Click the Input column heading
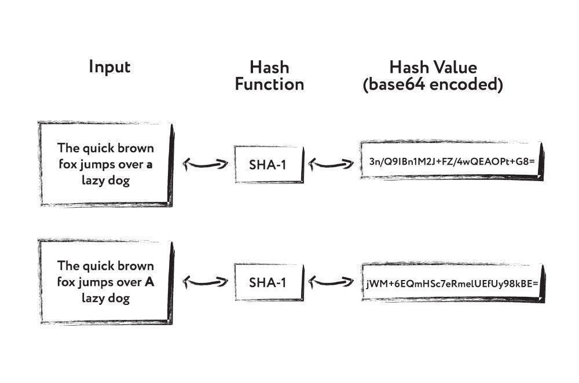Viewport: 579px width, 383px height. click(x=109, y=67)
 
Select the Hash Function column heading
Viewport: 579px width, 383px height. click(x=269, y=76)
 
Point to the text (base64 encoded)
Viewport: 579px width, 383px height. click(x=433, y=84)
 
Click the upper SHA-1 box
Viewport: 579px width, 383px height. click(x=267, y=164)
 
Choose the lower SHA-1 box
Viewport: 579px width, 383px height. click(x=267, y=282)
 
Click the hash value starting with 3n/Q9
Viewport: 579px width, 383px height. click(x=452, y=162)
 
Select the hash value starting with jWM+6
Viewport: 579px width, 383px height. click(x=452, y=283)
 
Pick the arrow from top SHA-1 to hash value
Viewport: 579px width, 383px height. click(x=331, y=164)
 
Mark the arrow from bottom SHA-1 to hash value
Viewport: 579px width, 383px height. click(x=331, y=282)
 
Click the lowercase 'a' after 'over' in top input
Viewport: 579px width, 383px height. click(x=149, y=164)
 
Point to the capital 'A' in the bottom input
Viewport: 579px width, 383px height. click(x=149, y=282)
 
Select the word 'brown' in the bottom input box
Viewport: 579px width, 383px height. click(x=136, y=266)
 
